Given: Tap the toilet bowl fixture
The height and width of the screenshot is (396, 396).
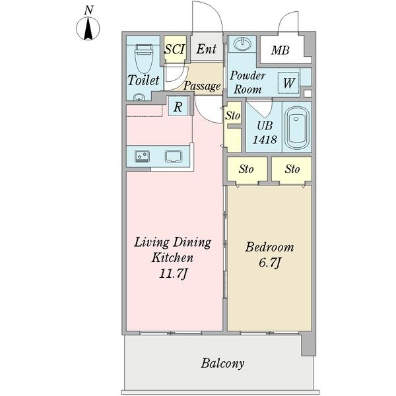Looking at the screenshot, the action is (x=144, y=59).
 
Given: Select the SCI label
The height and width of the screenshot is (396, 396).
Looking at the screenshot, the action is (x=175, y=49).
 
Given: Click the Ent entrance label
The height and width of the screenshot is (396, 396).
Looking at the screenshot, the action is (x=207, y=49).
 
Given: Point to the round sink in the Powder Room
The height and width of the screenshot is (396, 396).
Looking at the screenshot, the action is (x=242, y=44).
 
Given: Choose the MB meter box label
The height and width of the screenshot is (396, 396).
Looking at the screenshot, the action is (x=280, y=50).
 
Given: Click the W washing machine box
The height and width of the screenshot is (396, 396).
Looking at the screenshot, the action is (x=288, y=83).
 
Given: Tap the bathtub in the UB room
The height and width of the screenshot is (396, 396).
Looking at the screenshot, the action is (x=297, y=127).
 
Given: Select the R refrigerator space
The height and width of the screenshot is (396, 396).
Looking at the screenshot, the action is (x=178, y=106).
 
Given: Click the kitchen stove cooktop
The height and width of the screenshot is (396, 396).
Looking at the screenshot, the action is (x=142, y=156).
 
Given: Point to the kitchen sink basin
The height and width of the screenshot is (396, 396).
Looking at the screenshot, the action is (x=174, y=156).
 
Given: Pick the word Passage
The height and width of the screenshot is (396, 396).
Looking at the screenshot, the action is (x=202, y=86).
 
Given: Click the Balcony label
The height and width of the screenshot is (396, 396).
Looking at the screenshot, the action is (x=222, y=364).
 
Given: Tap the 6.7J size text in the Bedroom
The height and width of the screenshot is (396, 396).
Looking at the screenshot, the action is (x=269, y=263).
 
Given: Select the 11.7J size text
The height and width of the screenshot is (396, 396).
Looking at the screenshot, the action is (x=174, y=273).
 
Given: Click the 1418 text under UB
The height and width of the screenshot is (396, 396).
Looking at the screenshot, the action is (x=265, y=139).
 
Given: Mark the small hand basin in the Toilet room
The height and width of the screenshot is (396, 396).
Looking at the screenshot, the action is (x=139, y=97).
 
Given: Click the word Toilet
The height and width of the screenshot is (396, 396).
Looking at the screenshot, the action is (x=143, y=80).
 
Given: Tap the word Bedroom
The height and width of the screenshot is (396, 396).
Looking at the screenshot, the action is (x=269, y=247).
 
